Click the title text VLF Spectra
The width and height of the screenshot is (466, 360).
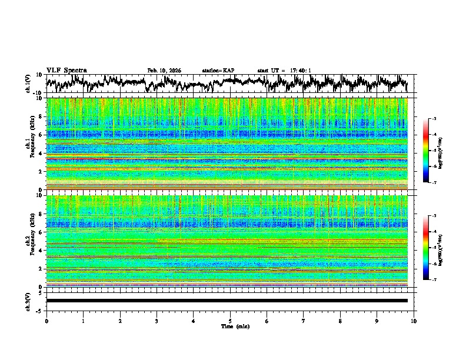click(x=66, y=70)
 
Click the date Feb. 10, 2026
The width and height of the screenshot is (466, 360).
click(x=164, y=71)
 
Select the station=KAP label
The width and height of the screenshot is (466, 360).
click(x=218, y=71)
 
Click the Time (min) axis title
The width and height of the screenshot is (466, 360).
click(x=230, y=326)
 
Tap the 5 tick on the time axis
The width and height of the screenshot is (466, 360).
click(x=230, y=321)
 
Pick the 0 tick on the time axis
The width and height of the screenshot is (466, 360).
click(x=46, y=321)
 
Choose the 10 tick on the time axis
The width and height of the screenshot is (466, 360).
click(x=414, y=321)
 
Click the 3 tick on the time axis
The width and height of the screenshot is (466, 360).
click(x=157, y=321)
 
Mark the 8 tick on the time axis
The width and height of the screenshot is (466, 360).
click(x=341, y=321)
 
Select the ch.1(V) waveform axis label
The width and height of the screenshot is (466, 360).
click(x=28, y=84)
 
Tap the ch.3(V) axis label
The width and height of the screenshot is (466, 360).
click(x=28, y=301)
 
